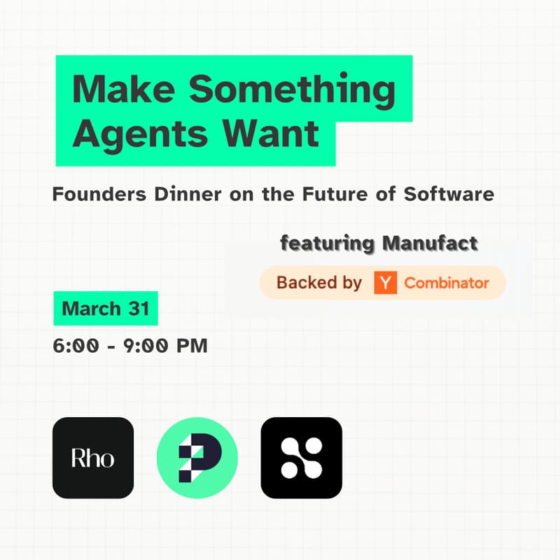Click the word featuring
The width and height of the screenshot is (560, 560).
point(327,244)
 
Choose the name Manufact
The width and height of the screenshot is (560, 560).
point(430,244)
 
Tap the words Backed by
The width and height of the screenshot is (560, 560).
point(319,283)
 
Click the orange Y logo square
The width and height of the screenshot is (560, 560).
point(385,283)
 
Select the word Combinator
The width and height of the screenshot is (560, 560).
point(447,283)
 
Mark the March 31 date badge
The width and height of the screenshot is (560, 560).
point(106,309)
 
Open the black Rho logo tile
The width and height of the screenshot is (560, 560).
point(93,458)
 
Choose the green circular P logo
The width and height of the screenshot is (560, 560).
point(197,458)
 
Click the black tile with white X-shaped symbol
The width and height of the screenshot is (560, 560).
point(302,458)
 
